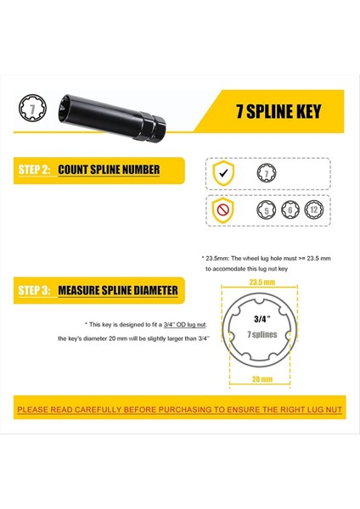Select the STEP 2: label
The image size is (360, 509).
[x=35, y=170]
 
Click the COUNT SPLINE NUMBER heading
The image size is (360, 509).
[x=109, y=170]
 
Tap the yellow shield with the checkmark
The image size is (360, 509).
[x=222, y=173]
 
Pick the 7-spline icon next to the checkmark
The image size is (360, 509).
[x=267, y=173]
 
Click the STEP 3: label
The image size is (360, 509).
[x=35, y=291]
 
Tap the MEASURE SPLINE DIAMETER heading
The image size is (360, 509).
[x=117, y=291]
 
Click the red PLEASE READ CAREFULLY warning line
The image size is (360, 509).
[x=179, y=411]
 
